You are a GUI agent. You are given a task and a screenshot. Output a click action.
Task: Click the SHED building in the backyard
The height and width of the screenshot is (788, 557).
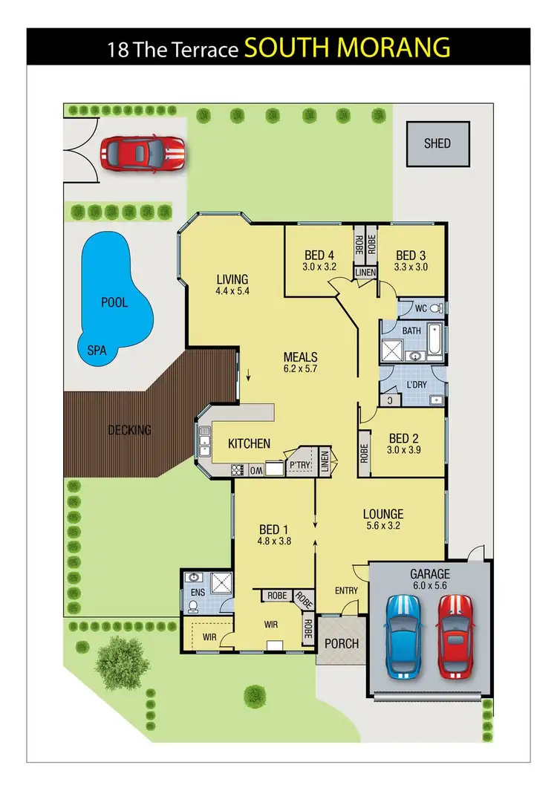[x=437, y=143]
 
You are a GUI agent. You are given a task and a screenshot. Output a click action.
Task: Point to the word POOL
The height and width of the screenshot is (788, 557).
[x=114, y=302]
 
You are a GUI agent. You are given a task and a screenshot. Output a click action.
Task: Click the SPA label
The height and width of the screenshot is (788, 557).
[x=97, y=349]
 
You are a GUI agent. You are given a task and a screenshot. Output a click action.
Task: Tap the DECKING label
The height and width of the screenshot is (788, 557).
[x=129, y=429]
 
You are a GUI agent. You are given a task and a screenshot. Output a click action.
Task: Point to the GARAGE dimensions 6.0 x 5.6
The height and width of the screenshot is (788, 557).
[x=431, y=586]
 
